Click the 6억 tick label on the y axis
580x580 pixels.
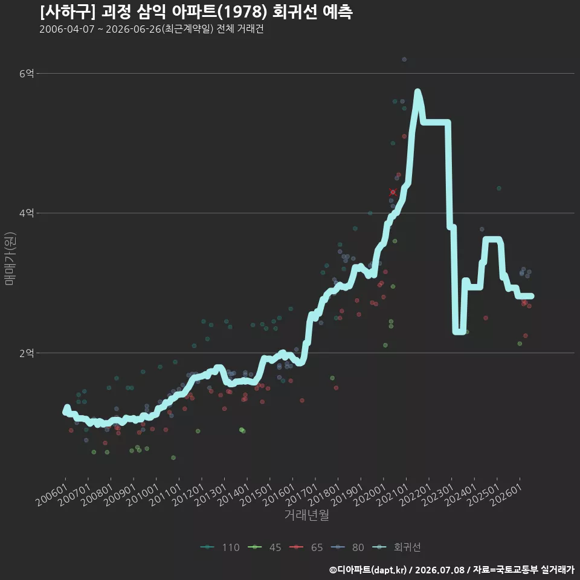point(26,74)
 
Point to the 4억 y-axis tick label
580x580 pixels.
point(26,213)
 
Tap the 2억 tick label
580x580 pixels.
point(26,353)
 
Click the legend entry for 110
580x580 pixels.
point(220,547)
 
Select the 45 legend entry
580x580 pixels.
point(265,547)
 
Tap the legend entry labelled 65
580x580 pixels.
point(306,547)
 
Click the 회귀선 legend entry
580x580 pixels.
point(396,547)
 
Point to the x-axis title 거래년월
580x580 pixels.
point(307,515)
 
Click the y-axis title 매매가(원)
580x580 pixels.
point(10,259)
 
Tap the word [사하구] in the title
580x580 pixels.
point(68,12)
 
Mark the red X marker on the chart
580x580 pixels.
point(393,192)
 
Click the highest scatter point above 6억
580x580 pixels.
point(404,60)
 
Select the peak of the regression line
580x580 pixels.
point(417,91)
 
